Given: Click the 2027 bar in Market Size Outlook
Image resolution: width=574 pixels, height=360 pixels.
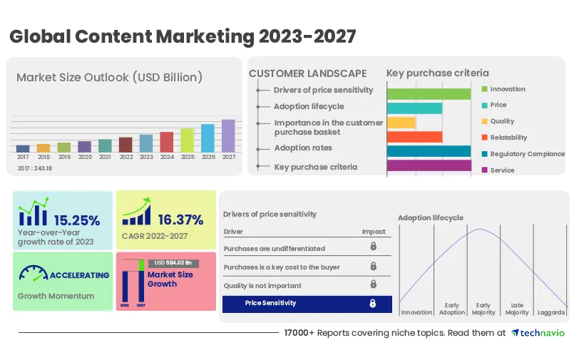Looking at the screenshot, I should click(x=228, y=135).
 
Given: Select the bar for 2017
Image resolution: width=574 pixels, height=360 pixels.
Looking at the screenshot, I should click(x=23, y=148).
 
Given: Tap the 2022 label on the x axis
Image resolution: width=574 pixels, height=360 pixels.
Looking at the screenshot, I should click(x=125, y=157).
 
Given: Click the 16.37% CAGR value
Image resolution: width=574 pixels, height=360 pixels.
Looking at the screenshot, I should click(x=180, y=220).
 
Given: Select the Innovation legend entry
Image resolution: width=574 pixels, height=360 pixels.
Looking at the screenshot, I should click(x=508, y=89).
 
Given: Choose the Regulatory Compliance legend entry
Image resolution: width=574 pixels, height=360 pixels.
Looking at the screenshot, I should click(x=527, y=154).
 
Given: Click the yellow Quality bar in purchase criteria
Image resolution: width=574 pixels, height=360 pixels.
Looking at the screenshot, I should click(x=401, y=123).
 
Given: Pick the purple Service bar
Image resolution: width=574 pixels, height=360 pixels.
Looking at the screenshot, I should click(x=429, y=166).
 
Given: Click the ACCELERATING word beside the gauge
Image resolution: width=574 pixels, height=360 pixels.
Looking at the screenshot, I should click(x=79, y=275).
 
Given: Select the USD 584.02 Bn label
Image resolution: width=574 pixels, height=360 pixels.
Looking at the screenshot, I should click(x=173, y=263).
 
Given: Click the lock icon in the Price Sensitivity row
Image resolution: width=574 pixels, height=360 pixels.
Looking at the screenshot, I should click(x=372, y=304).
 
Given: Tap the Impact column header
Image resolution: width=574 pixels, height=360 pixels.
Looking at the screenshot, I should click(x=374, y=232).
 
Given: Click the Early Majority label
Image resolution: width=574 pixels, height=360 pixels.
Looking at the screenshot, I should click(x=484, y=309).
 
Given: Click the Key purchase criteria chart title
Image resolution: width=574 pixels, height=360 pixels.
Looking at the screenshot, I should click(x=438, y=73).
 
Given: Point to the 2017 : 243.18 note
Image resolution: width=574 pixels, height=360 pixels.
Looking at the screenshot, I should click(x=35, y=168).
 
